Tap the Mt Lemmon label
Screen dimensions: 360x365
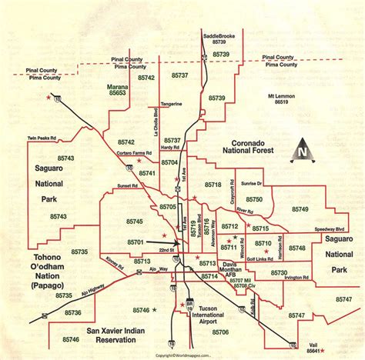(x=281, y=96)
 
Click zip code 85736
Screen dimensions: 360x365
(x=73, y=313)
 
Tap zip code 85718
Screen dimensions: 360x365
(x=213, y=185)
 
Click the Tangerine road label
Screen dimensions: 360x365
(x=171, y=103)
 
